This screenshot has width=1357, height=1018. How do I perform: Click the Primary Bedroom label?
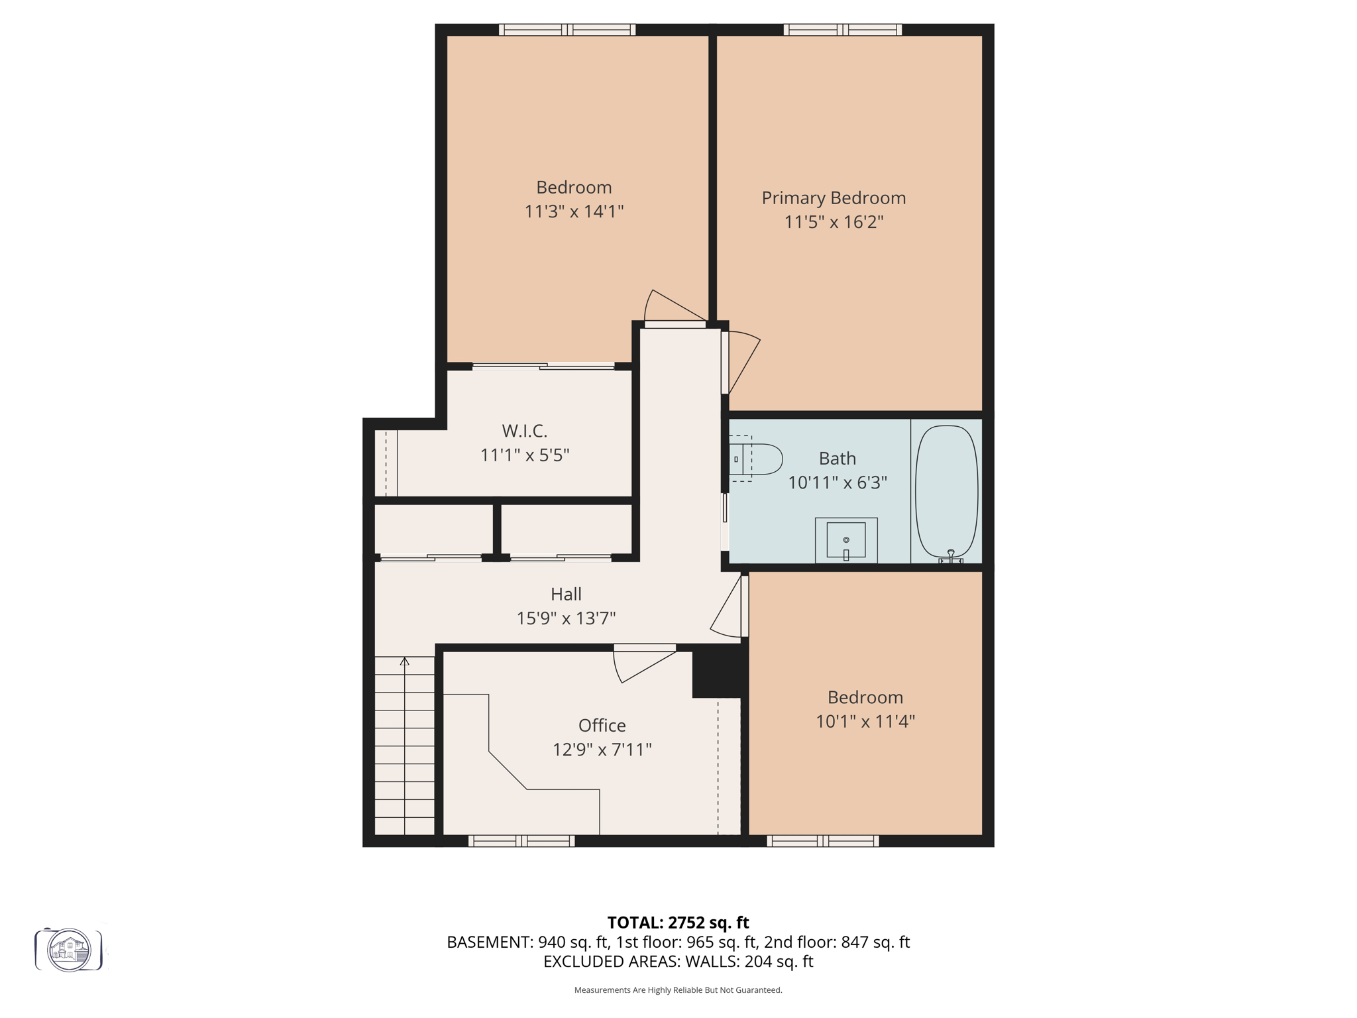coord(834,198)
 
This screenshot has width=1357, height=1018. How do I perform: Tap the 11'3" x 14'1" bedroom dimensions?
coord(574,211)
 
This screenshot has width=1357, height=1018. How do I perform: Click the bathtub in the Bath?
coord(946,492)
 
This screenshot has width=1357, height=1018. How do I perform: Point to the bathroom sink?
coord(846,540)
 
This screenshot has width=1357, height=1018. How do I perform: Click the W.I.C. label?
coord(524,431)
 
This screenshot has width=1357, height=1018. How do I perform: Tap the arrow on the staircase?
coord(405,661)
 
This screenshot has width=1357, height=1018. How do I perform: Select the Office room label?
coord(602,725)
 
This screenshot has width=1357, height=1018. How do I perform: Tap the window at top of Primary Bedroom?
coord(842,30)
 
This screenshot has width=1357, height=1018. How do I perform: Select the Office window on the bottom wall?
coord(521,841)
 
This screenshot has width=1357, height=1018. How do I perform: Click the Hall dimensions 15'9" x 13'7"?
coord(566,618)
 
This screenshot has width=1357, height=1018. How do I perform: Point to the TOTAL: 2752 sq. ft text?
coord(678,923)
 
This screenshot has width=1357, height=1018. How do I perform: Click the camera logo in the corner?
coord(69,950)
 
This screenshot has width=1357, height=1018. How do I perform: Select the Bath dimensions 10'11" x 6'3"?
coord(837,482)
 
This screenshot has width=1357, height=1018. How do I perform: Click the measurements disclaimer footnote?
coord(678,990)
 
